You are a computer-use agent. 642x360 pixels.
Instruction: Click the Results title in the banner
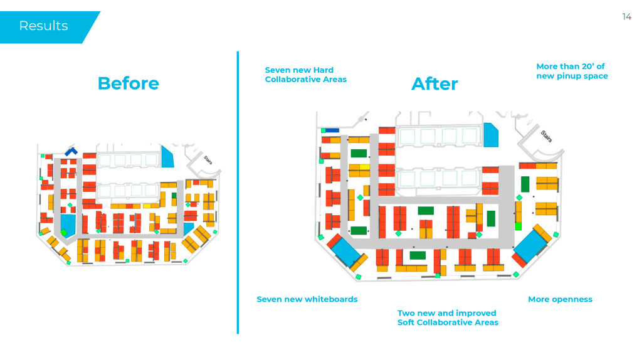pos(43,26)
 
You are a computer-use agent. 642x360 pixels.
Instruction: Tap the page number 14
pos(626,17)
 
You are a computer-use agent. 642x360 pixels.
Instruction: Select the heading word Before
pos(129,83)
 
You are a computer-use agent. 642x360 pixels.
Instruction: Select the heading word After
pos(434,84)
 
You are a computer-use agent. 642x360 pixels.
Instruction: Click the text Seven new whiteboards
pos(307,299)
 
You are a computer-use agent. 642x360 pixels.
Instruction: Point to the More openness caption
pos(560,299)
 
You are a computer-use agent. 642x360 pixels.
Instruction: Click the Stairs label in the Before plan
pos(208,160)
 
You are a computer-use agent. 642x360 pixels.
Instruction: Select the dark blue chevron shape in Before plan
pos(71,151)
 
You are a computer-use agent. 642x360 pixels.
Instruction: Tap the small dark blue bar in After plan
pos(330,130)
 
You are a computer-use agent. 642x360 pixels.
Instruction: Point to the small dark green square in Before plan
pos(174,196)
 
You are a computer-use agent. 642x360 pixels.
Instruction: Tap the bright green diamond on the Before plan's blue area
pos(63,232)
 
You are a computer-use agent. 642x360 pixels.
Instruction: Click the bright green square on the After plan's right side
pos(518,226)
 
